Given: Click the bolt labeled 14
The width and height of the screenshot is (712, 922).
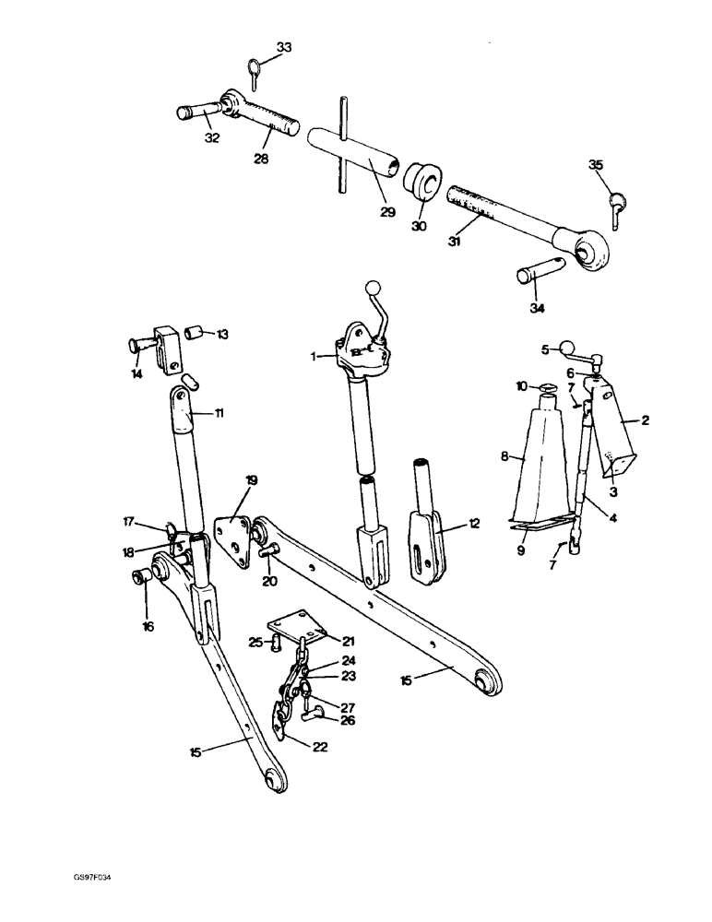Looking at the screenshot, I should click(138, 346).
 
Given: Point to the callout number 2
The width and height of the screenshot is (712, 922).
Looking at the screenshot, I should click(646, 420).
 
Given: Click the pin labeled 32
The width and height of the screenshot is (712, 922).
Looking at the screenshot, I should click(194, 115).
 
